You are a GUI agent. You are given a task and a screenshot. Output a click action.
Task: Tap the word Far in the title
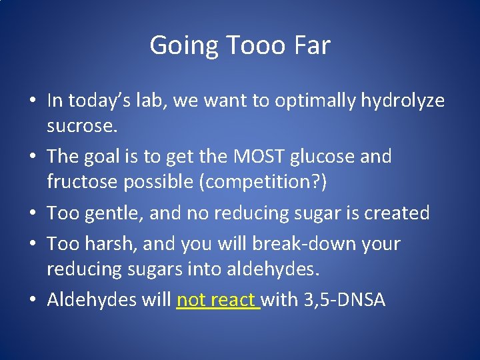coord(311,46)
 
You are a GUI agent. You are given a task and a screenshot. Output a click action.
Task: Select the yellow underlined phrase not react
coord(217,300)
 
